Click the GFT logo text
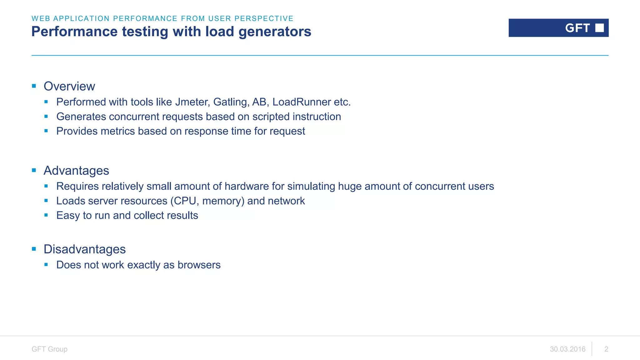[577, 28]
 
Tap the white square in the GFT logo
[599, 28]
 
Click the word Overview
[69, 86]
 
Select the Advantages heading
[76, 171]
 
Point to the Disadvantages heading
[85, 249]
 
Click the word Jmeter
[192, 102]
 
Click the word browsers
[199, 265]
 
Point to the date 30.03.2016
[567, 349]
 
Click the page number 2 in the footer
[606, 349]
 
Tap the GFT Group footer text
[49, 349]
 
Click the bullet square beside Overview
[34, 86]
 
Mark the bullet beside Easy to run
[46, 215]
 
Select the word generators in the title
[275, 32]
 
